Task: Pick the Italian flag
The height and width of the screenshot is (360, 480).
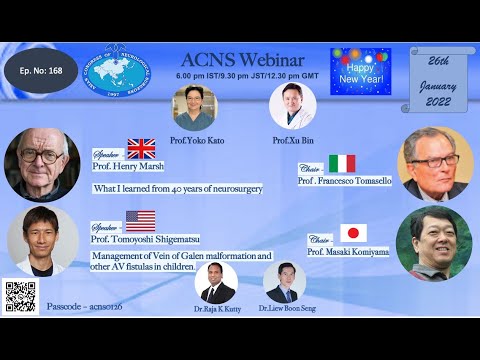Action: point(342,163)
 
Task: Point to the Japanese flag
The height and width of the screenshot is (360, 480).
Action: point(352,233)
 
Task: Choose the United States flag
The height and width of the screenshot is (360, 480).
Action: point(140,221)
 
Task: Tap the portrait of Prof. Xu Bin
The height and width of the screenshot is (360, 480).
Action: point(292,106)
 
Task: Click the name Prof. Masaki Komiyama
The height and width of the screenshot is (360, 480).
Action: point(346,251)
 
